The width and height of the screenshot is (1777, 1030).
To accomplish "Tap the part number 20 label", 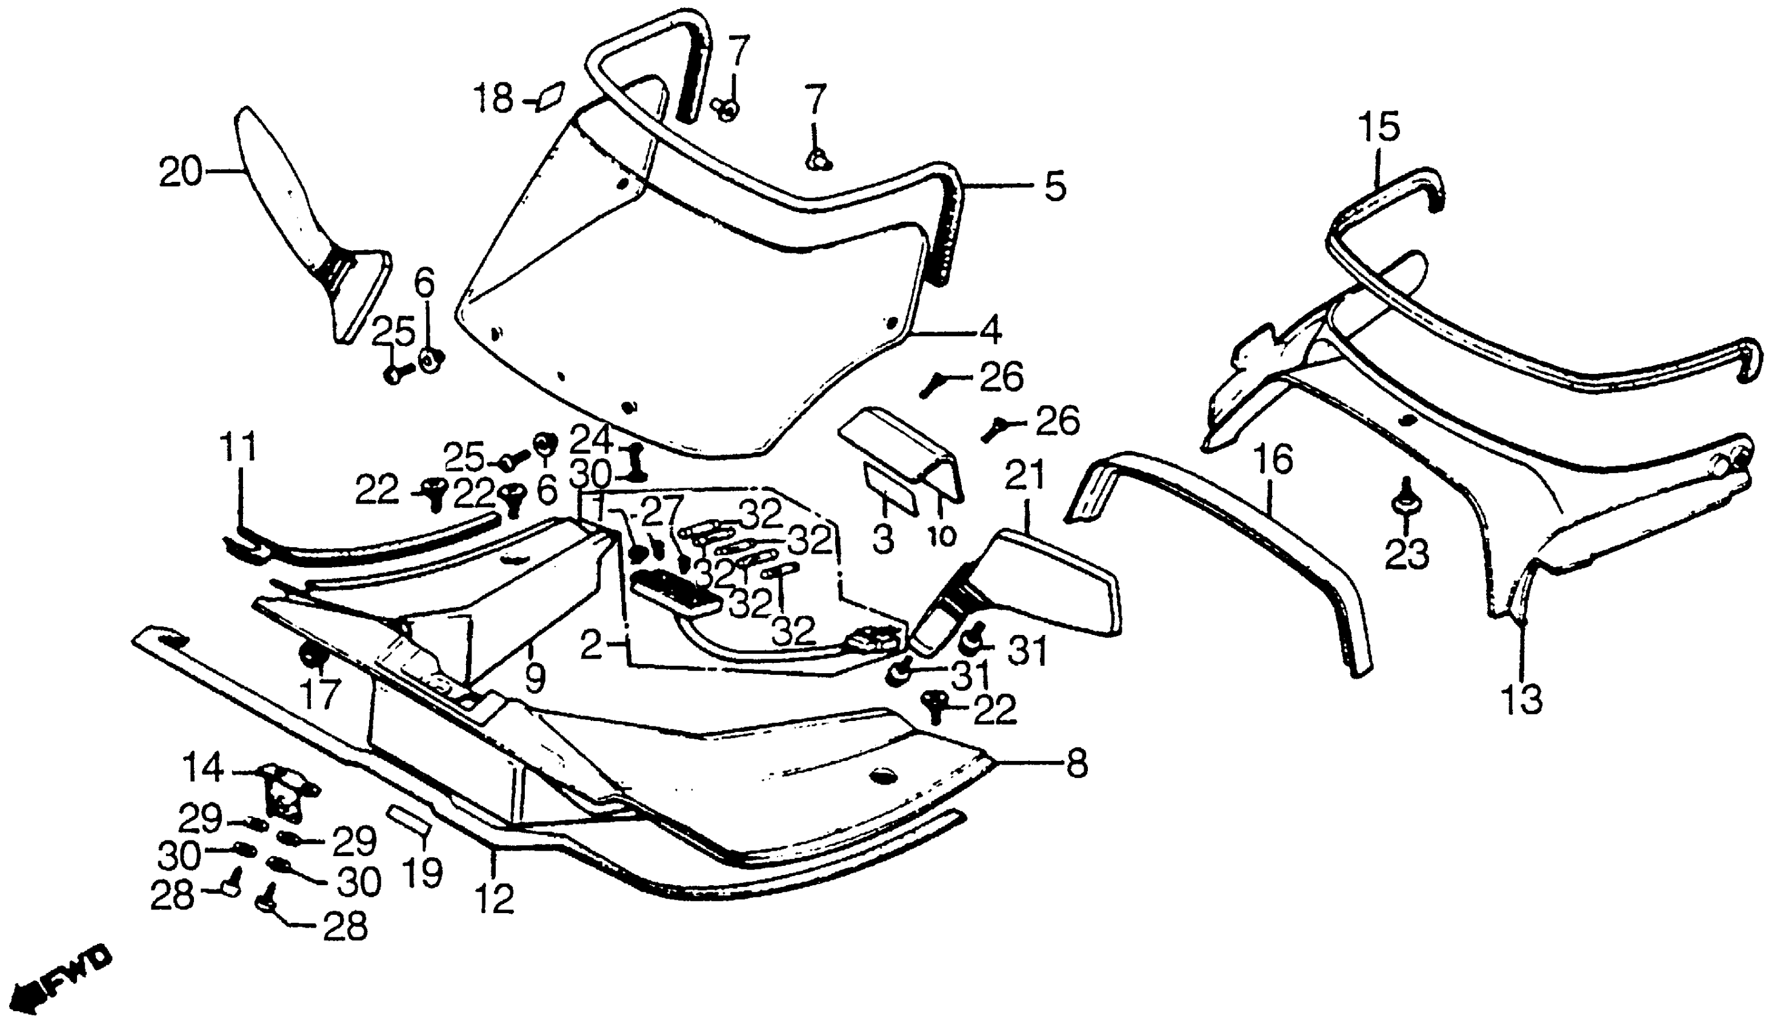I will pos(180,172).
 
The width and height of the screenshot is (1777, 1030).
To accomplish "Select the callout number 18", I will pos(493,99).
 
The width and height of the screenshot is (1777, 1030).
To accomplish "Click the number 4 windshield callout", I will pos(990,330).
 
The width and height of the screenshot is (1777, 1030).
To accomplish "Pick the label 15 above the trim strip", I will pos(1380,130).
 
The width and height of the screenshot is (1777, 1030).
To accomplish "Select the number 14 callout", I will pos(203,768).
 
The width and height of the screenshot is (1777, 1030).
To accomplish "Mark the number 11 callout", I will pos(238,448).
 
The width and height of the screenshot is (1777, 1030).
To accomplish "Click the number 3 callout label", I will pos(882,540).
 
